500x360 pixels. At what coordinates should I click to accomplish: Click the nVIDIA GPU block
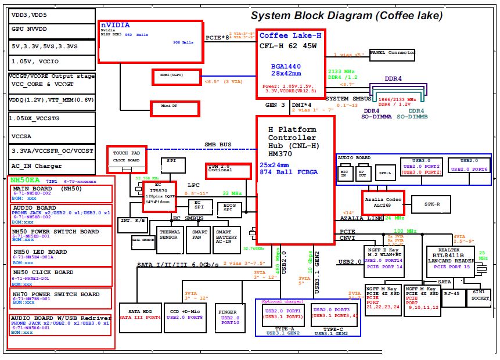152,42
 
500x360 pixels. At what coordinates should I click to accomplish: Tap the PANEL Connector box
393,54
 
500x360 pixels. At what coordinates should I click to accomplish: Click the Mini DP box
175,108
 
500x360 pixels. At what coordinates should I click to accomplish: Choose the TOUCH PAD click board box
127,157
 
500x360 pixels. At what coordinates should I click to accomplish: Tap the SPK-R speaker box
430,204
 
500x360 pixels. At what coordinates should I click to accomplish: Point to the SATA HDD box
139,317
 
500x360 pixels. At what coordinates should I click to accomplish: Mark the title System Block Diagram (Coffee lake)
347,16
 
